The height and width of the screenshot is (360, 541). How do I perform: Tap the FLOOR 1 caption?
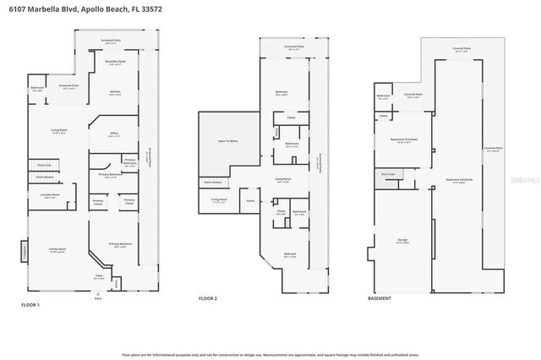(30, 303)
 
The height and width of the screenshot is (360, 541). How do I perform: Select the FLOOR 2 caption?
(208, 298)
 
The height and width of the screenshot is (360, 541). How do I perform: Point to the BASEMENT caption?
(380, 298)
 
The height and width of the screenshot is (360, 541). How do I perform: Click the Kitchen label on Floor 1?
(116, 91)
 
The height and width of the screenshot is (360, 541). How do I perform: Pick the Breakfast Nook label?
(116, 62)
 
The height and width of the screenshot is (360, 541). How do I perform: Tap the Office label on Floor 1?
(113, 134)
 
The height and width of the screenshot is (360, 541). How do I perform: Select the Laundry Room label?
(51, 196)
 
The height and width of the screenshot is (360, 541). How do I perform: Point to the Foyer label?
(99, 275)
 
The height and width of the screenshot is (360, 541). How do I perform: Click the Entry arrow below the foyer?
(97, 295)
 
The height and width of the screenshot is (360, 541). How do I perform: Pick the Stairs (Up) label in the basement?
(389, 174)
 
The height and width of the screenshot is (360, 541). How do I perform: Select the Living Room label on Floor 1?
(57, 130)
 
